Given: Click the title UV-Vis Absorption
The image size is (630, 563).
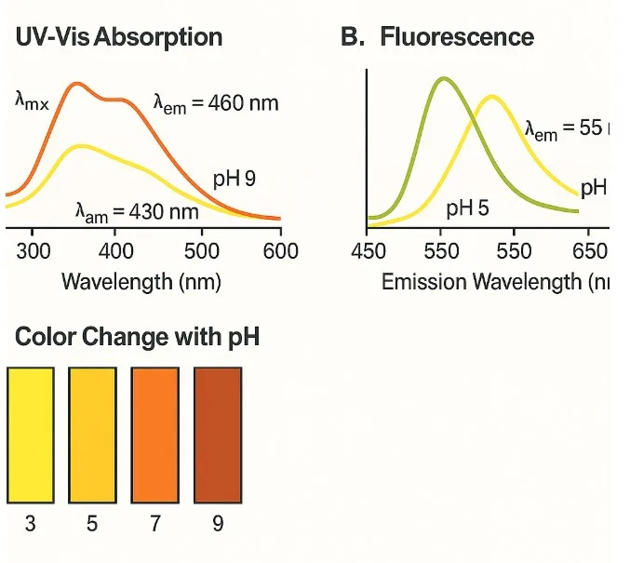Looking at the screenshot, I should (x=119, y=37).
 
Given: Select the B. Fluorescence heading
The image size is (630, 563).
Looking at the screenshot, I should (x=437, y=37).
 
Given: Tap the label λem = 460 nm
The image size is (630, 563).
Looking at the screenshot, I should (x=215, y=102).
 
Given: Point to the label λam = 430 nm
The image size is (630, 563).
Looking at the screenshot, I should (x=137, y=212).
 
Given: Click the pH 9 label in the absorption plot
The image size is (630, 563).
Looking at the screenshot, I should (x=234, y=179).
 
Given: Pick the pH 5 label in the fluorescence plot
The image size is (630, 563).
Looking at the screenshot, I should (x=466, y=207).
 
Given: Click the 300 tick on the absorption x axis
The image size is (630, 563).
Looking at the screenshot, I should (x=34, y=250).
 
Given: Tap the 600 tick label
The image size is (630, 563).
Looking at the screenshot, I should (x=280, y=250).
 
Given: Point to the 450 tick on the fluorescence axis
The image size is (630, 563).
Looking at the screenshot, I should (x=369, y=252).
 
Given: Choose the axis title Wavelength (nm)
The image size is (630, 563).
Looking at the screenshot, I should (x=141, y=280).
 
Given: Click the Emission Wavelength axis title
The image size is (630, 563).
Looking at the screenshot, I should (x=493, y=281).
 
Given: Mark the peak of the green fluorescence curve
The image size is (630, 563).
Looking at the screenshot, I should (x=443, y=79).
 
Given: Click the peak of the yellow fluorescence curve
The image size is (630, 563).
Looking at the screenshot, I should (x=490, y=96).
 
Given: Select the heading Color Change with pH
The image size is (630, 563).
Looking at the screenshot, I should (x=137, y=337).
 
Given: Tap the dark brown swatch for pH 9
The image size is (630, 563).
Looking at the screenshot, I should (x=218, y=433).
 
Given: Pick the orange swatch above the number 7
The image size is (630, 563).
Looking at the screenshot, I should (x=155, y=433).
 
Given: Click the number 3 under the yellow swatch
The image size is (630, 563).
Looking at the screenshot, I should (x=30, y=524).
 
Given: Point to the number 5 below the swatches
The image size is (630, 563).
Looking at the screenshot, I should (x=92, y=524).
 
